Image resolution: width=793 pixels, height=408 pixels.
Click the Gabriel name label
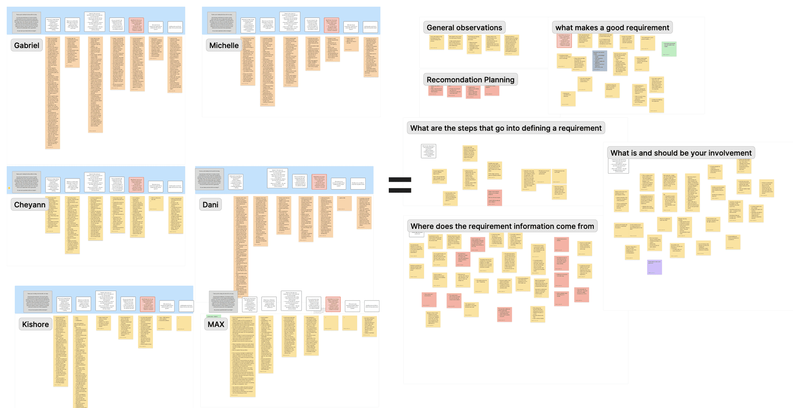(27, 45)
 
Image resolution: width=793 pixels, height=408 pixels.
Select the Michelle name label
(224, 45)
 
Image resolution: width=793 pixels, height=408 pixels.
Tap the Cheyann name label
(30, 205)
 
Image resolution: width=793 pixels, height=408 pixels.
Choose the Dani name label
(210, 205)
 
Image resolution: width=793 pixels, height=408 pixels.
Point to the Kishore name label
(35, 324)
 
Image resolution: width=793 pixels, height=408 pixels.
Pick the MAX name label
(216, 324)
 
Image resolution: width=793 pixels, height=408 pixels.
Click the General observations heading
(464, 28)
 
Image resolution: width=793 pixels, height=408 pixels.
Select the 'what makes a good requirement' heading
(612, 28)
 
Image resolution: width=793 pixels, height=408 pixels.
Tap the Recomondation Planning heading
(470, 80)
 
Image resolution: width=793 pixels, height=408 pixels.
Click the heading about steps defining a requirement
(506, 128)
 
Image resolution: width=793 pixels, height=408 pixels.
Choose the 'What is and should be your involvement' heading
(681, 153)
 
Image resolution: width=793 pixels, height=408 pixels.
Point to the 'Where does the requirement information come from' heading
(502, 226)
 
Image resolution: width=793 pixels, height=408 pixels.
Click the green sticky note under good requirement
(669, 49)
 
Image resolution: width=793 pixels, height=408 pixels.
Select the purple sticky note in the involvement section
(654, 267)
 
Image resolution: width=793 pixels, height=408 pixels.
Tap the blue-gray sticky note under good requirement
(600, 60)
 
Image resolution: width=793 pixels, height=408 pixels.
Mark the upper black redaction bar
(400, 180)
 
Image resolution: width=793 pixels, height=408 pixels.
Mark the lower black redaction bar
(400, 191)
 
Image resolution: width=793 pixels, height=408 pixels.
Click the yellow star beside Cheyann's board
(9, 188)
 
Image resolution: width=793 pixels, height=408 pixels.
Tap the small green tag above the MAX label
(212, 316)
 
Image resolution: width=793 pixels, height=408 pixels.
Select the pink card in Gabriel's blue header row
(136, 25)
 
